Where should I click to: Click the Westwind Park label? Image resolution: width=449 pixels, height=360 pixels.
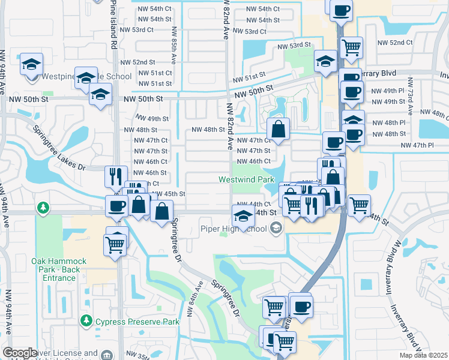coord(246,179)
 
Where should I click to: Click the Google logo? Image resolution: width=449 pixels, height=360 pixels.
coord(20,353)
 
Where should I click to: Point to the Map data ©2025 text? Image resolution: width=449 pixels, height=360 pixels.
coord(424,355)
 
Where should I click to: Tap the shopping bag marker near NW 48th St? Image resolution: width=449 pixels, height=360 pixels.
coord(279,128)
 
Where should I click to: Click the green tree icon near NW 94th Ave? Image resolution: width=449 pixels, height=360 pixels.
coord(43,208)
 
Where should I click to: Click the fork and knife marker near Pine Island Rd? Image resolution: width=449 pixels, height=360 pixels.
coord(116,176)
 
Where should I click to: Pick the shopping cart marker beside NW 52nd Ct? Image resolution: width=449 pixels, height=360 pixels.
coord(352,47)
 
